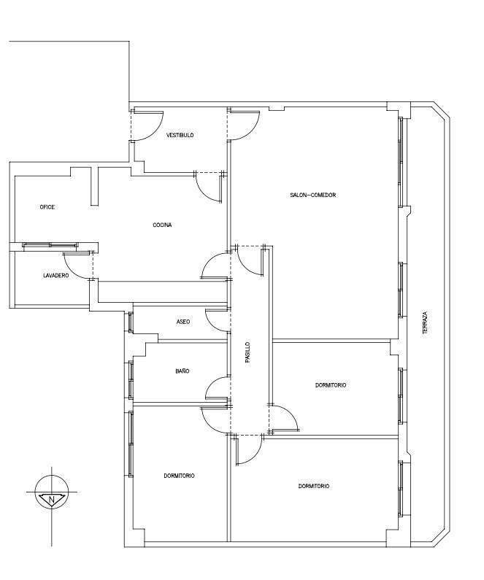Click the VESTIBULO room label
click(180, 136)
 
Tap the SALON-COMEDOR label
click(313, 195)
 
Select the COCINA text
click(162, 225)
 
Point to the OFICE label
click(47, 207)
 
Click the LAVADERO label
click(56, 276)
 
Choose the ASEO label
click(183, 322)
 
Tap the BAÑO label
click(183, 371)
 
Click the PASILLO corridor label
click(247, 352)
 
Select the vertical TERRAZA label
click(425, 323)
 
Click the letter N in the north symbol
click(51, 500)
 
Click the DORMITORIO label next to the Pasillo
click(331, 385)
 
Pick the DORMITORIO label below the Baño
click(179, 476)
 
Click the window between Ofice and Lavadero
click(50, 245)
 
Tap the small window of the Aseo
click(130, 322)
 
